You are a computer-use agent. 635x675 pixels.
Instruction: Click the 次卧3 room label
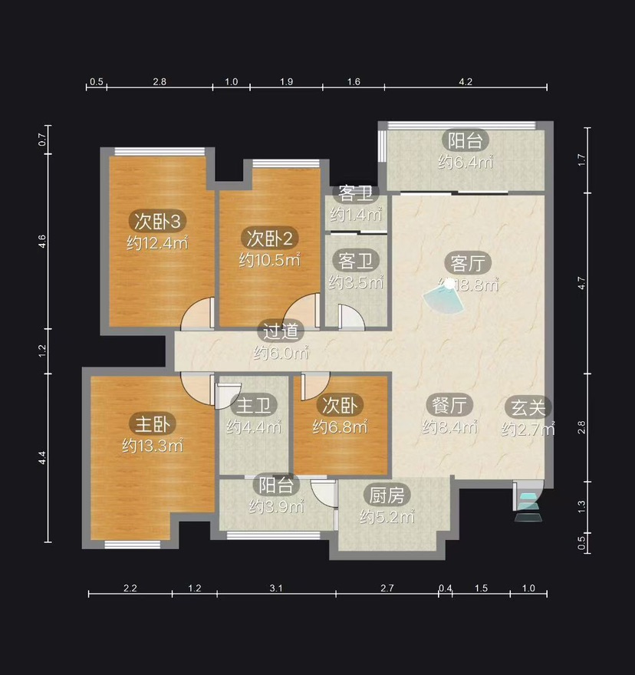click(x=157, y=221)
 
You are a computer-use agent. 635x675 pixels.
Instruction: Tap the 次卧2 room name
click(x=269, y=238)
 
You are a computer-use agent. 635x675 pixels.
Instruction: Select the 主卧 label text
click(x=153, y=424)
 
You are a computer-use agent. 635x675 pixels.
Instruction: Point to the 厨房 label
click(x=387, y=495)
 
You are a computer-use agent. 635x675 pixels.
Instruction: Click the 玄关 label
click(x=528, y=407)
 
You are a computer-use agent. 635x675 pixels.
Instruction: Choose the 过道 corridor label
click(x=281, y=331)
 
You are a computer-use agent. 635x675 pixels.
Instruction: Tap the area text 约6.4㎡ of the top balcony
click(x=466, y=163)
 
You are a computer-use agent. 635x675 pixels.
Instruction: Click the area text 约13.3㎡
click(x=153, y=445)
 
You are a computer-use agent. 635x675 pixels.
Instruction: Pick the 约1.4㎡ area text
click(x=356, y=214)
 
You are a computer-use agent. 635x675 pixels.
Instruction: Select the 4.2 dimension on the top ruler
click(x=466, y=82)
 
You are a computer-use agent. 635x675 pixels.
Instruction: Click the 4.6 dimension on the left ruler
click(x=42, y=241)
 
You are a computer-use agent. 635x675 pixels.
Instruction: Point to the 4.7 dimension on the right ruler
click(x=581, y=283)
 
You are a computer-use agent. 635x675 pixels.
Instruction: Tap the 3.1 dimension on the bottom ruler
click(x=276, y=588)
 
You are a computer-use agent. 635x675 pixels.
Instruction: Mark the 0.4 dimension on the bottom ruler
click(x=445, y=588)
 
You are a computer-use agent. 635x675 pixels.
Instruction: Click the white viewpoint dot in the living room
click(x=449, y=283)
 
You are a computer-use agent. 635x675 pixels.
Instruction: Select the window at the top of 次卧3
click(x=160, y=151)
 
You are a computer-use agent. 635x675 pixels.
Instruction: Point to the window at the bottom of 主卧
click(x=132, y=545)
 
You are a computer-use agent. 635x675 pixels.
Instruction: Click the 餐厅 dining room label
click(x=449, y=405)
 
